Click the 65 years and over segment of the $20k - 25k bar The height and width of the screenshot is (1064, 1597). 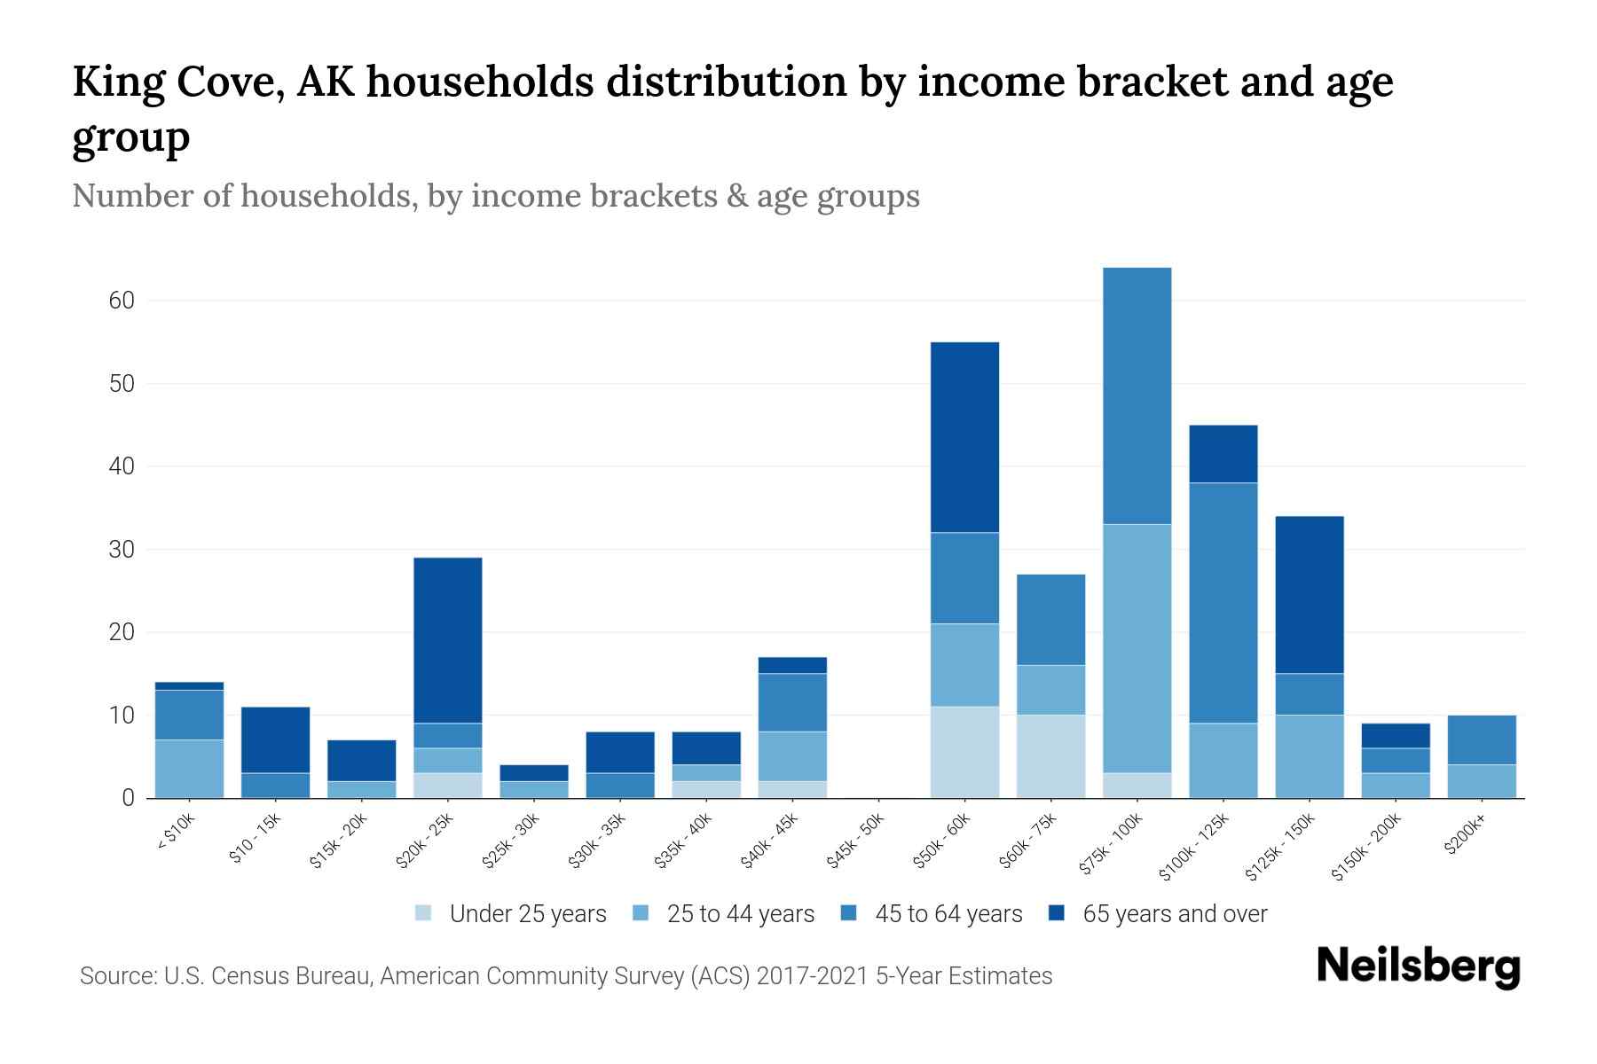tap(448, 640)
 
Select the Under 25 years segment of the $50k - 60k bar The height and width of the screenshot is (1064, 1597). tap(964, 752)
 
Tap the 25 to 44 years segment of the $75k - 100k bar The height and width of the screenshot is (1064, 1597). tap(1137, 648)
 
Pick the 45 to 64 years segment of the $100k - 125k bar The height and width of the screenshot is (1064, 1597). tap(1223, 603)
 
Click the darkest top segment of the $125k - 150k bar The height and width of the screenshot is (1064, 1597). tap(1309, 594)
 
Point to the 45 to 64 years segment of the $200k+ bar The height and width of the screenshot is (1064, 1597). tap(1481, 739)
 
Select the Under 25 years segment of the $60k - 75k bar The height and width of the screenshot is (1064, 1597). tap(1050, 756)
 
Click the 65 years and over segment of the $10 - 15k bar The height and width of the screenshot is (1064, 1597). tap(276, 739)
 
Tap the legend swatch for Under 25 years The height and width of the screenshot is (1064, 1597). tap(424, 913)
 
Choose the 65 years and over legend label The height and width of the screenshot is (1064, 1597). tap(1175, 913)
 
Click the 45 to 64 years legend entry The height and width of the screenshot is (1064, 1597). tap(948, 913)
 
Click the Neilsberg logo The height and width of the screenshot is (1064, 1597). tap(1418, 966)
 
